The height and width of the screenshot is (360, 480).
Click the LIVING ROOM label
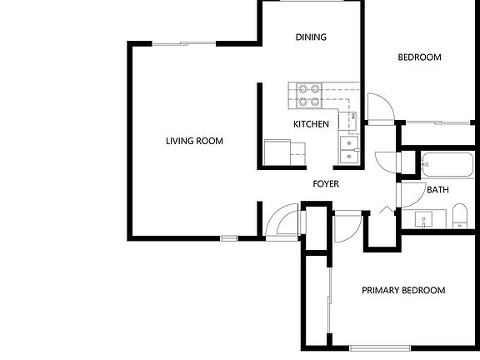pos(194,141)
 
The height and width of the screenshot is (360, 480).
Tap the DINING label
pos(311,37)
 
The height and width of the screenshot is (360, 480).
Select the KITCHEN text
pos(311,124)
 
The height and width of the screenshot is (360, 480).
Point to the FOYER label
pos(326,184)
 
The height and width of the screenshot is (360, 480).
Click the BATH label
pos(437,190)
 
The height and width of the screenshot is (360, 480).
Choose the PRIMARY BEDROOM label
pos(402,291)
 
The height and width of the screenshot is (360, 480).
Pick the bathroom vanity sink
pos(425,220)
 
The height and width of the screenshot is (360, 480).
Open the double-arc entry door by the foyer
pos(283,221)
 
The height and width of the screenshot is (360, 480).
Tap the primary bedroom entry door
pos(347,226)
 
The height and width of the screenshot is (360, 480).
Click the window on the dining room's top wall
pos(311,2)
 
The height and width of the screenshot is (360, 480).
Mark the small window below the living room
pos(229,239)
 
